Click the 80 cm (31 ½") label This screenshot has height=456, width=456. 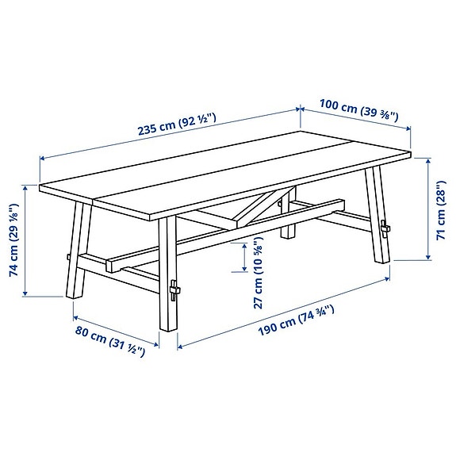coord(109,342)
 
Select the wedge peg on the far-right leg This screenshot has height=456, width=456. coord(385,231)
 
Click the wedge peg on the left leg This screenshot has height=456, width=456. coord(71,258)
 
